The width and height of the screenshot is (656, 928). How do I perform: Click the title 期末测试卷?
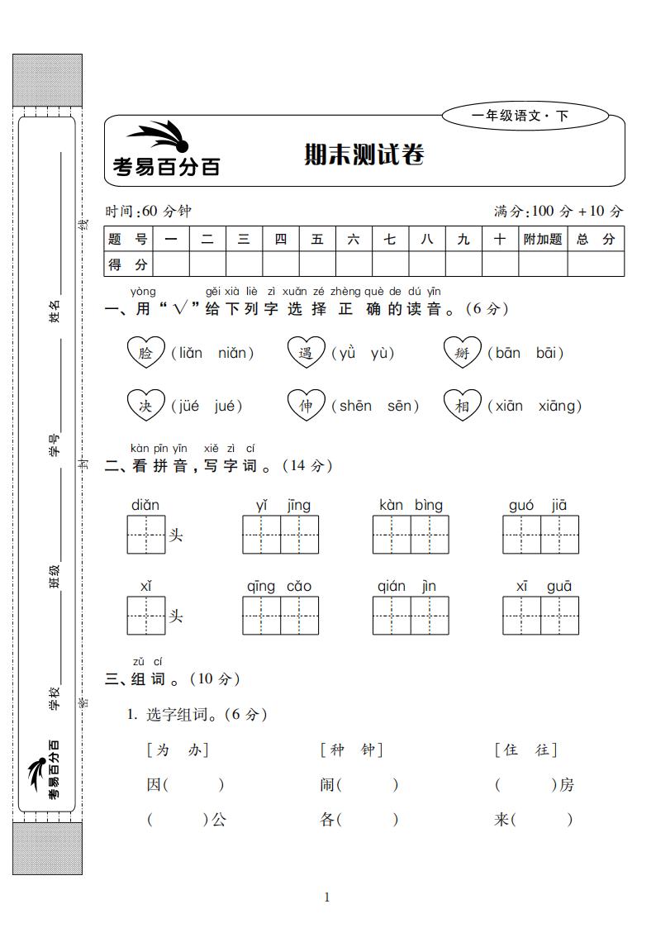364,155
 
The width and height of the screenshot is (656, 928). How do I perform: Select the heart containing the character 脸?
146,353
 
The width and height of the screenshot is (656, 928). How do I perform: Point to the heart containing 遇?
306,353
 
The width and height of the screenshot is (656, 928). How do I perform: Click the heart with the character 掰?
462,353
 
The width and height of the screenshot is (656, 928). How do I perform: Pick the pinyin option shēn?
354,406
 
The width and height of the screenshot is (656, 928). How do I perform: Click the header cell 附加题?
542,239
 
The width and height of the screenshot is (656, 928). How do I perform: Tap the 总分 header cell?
596,239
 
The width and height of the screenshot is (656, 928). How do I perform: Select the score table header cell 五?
317,239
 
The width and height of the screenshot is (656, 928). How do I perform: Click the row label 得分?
128,264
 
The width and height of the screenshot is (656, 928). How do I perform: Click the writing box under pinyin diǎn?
146,534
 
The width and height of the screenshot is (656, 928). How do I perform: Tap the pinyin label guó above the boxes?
521,506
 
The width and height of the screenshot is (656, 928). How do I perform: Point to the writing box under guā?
559,615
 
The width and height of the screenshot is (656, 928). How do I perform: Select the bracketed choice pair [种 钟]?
351,750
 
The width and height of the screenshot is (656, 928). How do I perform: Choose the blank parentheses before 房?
525,785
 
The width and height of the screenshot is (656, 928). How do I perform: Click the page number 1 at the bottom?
327,897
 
